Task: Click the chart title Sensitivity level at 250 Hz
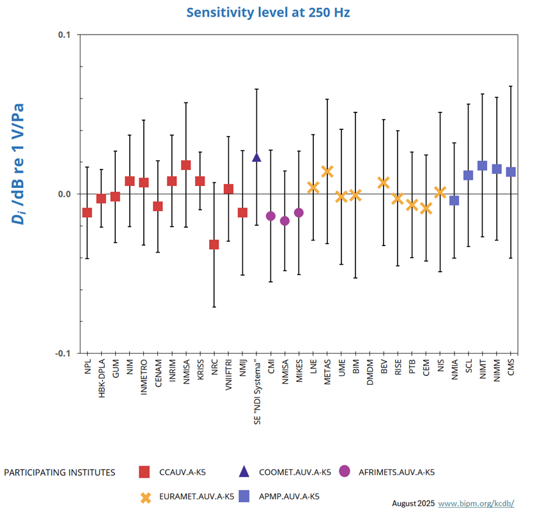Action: [268, 12]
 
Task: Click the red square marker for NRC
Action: [214, 244]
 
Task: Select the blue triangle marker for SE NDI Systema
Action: [256, 157]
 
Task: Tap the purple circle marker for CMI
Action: [270, 216]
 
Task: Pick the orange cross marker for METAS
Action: [327, 171]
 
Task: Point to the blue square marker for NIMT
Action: [482, 166]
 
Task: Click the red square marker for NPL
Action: [88, 212]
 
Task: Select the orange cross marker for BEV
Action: [384, 183]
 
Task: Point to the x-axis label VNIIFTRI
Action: [228, 377]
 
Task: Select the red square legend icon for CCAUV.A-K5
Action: [145, 473]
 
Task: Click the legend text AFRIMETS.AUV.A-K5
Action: [397, 473]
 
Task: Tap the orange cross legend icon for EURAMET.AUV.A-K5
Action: [145, 496]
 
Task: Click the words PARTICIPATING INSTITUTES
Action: [59, 473]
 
